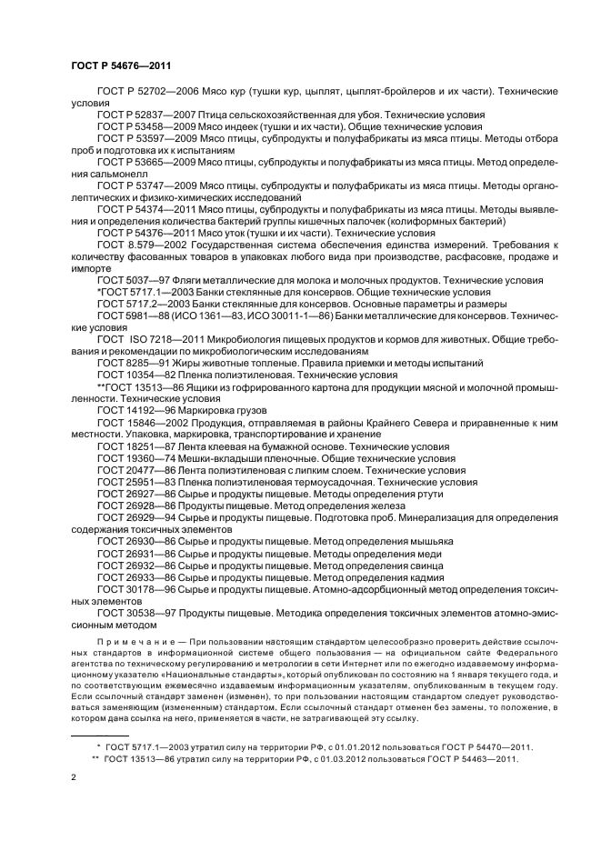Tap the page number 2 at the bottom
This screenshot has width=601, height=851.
(74, 777)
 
